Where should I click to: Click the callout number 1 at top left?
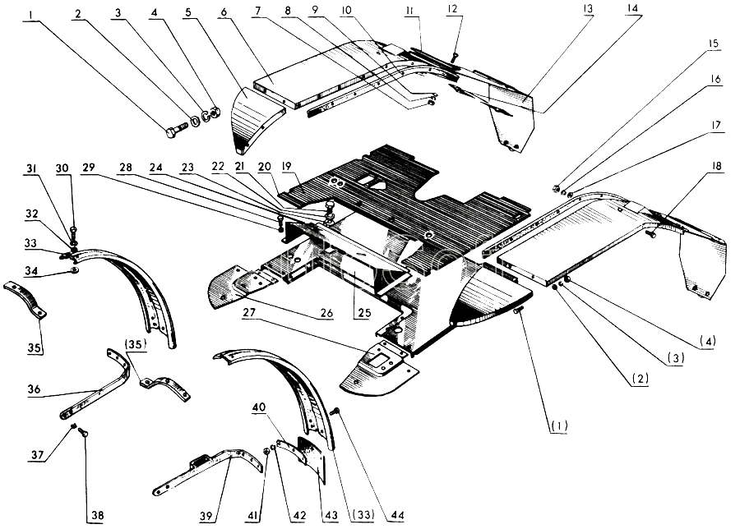30,15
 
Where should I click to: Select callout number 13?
588,9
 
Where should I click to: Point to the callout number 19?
286,167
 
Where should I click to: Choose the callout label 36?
34,389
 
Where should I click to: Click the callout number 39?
206,516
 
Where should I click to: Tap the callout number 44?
397,516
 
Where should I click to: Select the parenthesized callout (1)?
558,425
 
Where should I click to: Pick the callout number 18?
716,166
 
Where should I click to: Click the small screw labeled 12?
454,57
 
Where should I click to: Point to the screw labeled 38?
84,432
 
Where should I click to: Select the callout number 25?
364,313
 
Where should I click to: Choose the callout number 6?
223,11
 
